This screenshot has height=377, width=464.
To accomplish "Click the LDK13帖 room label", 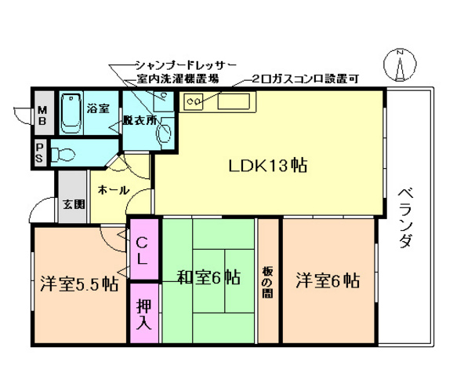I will pyautogui.click(x=267, y=166).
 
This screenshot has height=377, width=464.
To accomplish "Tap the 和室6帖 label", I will pyautogui.click(x=208, y=277).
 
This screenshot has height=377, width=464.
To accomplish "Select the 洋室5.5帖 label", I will pyautogui.click(x=79, y=283).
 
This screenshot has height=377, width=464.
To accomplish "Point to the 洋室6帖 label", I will pyautogui.click(x=328, y=279).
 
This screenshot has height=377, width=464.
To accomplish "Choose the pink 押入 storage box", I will pyautogui.click(x=144, y=314).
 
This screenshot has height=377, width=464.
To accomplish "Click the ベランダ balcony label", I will pyautogui.click(x=405, y=218).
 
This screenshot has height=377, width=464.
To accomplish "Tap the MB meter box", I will pyautogui.click(x=41, y=115).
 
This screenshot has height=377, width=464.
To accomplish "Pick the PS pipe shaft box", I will pyautogui.click(x=40, y=151).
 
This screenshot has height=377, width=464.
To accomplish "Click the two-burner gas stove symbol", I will pyautogui.click(x=193, y=101).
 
